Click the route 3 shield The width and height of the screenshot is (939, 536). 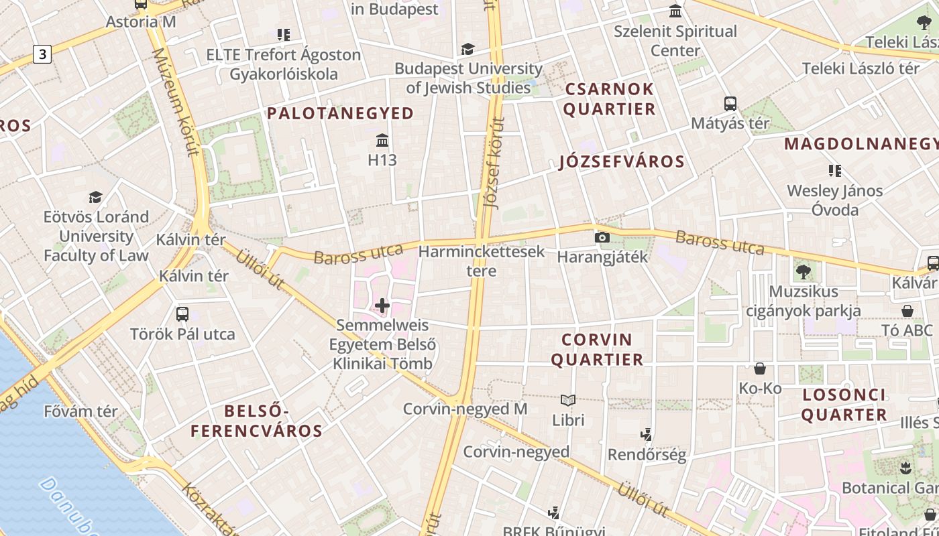point(42,54)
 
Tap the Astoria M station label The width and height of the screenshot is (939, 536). point(141,21)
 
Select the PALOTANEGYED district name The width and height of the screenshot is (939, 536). point(341,113)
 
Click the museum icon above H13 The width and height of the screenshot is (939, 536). point(382,141)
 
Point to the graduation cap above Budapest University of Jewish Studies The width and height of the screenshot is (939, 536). point(467,49)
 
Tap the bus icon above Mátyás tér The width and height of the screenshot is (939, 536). point(730,104)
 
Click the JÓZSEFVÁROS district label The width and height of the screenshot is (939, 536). point(622,161)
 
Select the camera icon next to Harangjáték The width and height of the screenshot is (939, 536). point(602,237)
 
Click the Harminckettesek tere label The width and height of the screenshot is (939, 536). point(482,261)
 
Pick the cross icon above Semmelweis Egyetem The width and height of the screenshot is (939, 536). point(382,306)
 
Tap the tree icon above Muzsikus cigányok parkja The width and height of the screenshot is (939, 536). point(803,272)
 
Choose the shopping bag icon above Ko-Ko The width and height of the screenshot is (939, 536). point(760,368)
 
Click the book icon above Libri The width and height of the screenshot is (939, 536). point(568,401)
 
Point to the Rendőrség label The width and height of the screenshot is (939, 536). point(647,455)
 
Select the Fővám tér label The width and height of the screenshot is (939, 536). point(80,411)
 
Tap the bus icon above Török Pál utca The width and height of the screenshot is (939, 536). point(182,314)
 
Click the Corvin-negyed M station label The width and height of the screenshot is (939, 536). point(465,409)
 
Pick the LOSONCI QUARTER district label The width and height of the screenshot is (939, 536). point(844,405)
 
